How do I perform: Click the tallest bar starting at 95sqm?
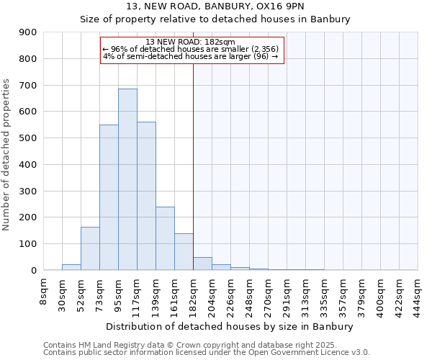click(x=127, y=179)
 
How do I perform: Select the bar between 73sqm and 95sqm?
click(x=109, y=197)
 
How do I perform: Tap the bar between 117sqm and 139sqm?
click(x=146, y=196)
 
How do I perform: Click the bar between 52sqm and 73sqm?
click(x=90, y=248)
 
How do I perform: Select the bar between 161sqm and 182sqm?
click(x=184, y=252)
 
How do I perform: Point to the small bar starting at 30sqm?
click(x=71, y=267)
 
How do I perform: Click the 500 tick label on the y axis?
click(x=28, y=138)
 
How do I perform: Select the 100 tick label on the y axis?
click(x=28, y=244)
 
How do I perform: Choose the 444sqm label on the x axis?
click(x=418, y=293)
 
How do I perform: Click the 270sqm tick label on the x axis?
click(x=268, y=293)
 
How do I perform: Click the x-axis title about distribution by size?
click(x=230, y=326)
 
